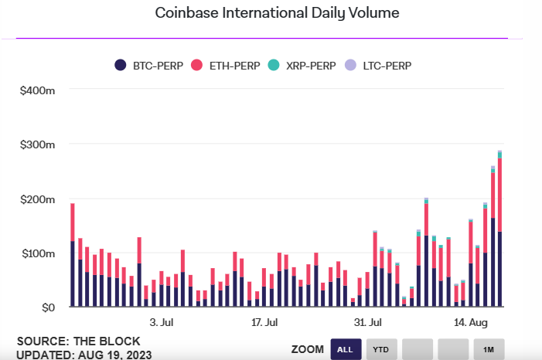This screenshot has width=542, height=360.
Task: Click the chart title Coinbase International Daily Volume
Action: pyautogui.click(x=277, y=13)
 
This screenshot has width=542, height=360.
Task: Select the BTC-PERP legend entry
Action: pyautogui.click(x=149, y=66)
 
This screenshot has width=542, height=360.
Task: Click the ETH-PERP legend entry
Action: pyautogui.click(x=225, y=66)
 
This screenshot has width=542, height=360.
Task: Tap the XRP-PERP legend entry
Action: pyautogui.click(x=302, y=66)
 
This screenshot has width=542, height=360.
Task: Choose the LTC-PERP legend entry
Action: pyautogui.click(x=378, y=66)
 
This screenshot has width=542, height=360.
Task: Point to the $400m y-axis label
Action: pyautogui.click(x=37, y=90)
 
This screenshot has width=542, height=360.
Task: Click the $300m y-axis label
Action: pyautogui.click(x=37, y=144)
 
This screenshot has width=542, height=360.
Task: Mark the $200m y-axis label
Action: pyautogui.click(x=37, y=199)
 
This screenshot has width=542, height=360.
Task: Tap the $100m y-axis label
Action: pyautogui.click(x=38, y=253)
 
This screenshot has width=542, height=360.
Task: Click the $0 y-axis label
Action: pyautogui.click(x=48, y=307)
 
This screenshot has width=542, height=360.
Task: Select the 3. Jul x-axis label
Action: pyautogui.click(x=162, y=322)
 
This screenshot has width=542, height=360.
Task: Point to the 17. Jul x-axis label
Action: pyautogui.click(x=264, y=322)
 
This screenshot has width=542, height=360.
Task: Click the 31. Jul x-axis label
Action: pyautogui.click(x=368, y=322)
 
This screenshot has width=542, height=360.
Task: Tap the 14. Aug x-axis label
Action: pyautogui.click(x=471, y=322)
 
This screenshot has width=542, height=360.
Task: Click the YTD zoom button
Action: pyautogui.click(x=381, y=349)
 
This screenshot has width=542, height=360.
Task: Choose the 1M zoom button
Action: pyautogui.click(x=489, y=349)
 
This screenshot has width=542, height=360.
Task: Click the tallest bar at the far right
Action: pyautogui.click(x=499, y=229)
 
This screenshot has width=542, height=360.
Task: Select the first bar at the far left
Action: pyautogui.click(x=73, y=255)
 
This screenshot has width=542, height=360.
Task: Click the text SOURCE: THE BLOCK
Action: pyautogui.click(x=78, y=341)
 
